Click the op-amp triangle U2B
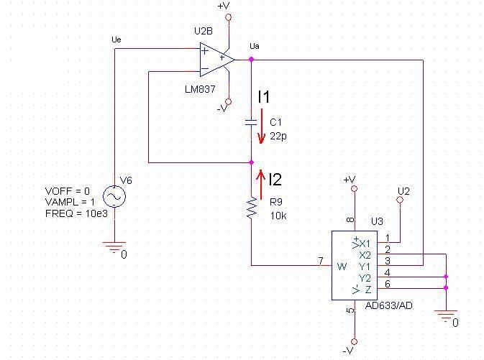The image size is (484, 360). pyautogui.click(x=216, y=60)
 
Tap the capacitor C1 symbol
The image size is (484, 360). pyautogui.click(x=251, y=122)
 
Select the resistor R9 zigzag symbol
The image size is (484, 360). pyautogui.click(x=252, y=208)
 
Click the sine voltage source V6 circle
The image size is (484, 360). pyautogui.click(x=114, y=196)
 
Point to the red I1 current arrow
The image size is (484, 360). pyautogui.click(x=262, y=126)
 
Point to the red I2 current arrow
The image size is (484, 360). pyautogui.click(x=261, y=185)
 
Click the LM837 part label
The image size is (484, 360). pyautogui.click(x=200, y=89)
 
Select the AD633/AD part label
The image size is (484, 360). pyautogui.click(x=388, y=305)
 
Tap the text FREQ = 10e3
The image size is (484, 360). pyautogui.click(x=76, y=213)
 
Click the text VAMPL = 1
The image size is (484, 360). pyautogui.click(x=70, y=202)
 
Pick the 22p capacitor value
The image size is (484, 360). pyautogui.click(x=278, y=136)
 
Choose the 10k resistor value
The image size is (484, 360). pyautogui.click(x=278, y=216)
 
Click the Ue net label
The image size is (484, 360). pyautogui.click(x=117, y=40)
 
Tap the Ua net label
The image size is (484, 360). pyautogui.click(x=255, y=46)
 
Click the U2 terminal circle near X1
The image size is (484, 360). pyautogui.click(x=400, y=200)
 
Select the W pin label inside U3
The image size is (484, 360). pyautogui.click(x=342, y=266)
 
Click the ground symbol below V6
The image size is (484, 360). pyautogui.click(x=114, y=246)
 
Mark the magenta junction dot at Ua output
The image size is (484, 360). pyautogui.click(x=251, y=59)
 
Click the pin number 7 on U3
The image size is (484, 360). pyautogui.click(x=321, y=261)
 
